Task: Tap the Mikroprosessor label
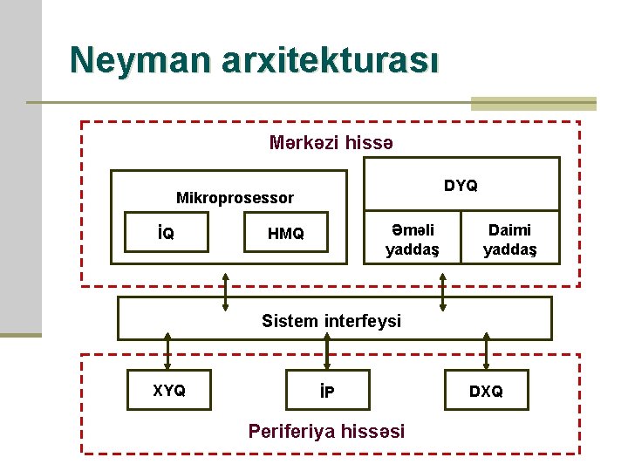235,198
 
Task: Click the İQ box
166,232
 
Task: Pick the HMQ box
286,233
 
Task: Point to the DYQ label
461,186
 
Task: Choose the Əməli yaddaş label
413,240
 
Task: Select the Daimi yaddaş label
510,240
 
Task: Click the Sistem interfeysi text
331,321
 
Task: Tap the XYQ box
169,390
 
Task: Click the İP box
327,391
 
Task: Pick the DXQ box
486,391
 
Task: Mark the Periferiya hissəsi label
326,431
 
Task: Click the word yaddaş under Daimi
510,250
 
